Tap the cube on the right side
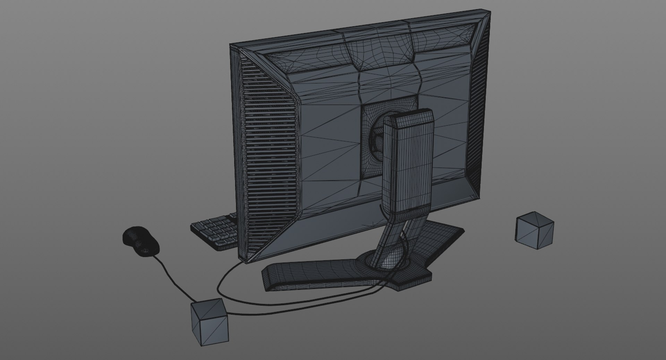tap(534, 231)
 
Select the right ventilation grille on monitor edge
tap(480, 104)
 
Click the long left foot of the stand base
tap(312, 274)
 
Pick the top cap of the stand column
tap(409, 116)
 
